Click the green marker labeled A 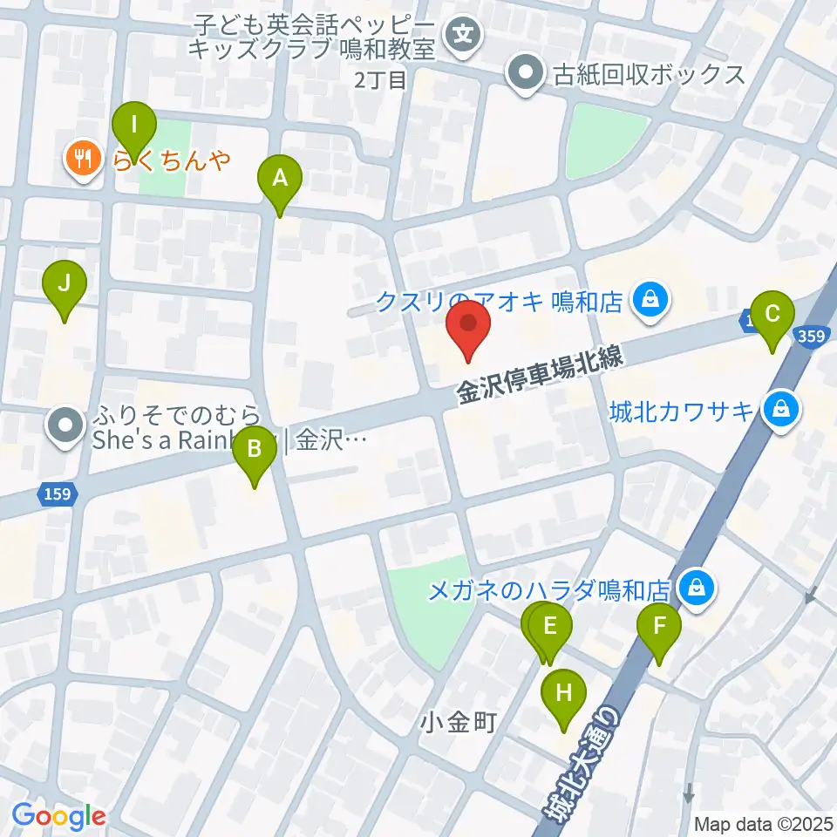[x=280, y=180]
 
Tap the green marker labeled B [x=255, y=451]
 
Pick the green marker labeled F [x=659, y=628]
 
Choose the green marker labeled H [x=564, y=695]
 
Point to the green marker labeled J [x=64, y=285]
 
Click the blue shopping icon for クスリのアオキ [x=650, y=301]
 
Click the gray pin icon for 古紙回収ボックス [x=526, y=74]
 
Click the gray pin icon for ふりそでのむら [x=67, y=426]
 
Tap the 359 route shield [x=813, y=336]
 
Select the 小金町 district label [x=457, y=722]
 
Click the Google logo [x=58, y=816]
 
